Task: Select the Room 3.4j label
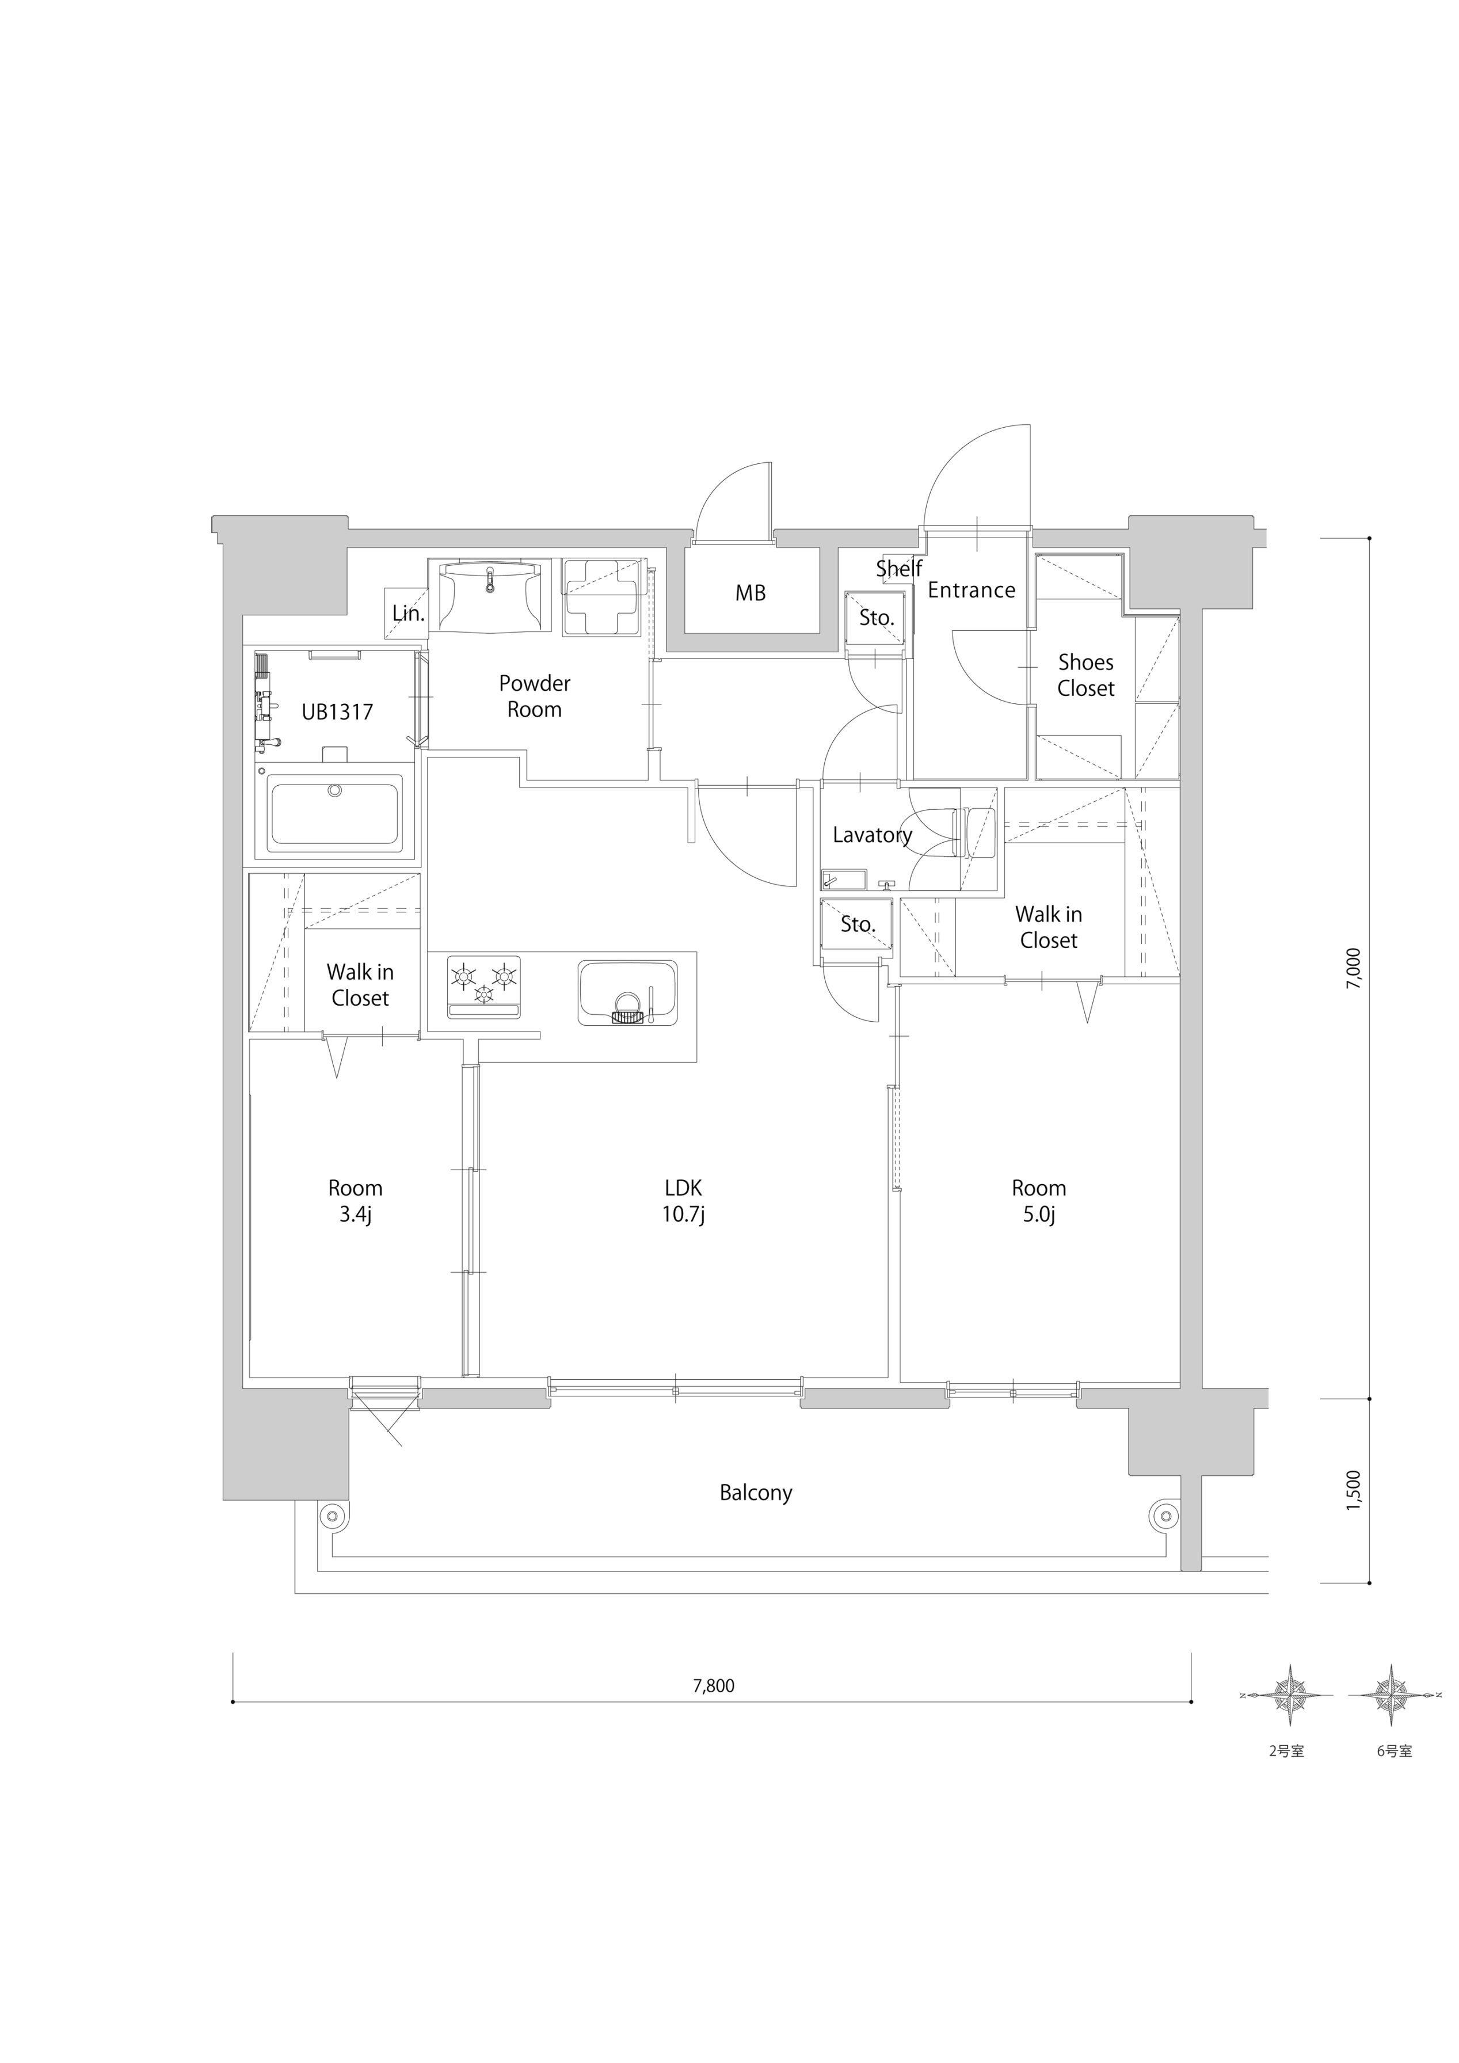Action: (x=355, y=1201)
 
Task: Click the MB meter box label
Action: (x=750, y=593)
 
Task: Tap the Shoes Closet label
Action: (x=1085, y=675)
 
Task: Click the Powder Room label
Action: (x=535, y=696)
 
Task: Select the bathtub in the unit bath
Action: (x=335, y=814)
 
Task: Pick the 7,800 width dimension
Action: (x=713, y=1687)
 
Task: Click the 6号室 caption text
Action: (x=1395, y=1751)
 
